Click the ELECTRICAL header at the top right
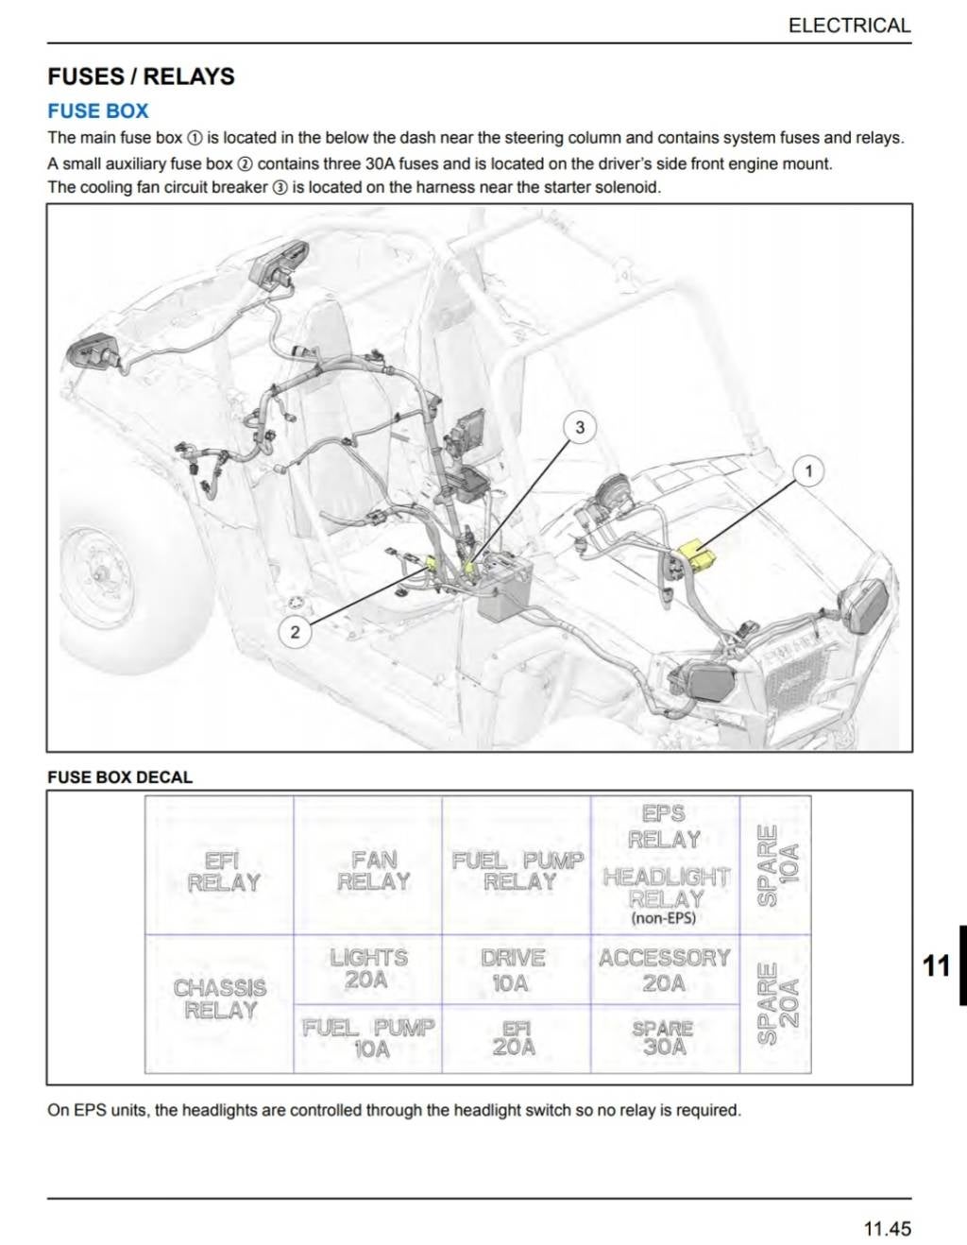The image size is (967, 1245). coord(849,26)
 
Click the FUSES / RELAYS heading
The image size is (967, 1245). coord(141,77)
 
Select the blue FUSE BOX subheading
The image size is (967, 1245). coord(98,111)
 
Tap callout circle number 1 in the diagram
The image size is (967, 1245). coord(807,470)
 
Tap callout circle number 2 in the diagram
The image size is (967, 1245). coord(295,632)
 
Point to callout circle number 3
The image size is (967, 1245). coord(580,428)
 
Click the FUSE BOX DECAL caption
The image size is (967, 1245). coord(120,777)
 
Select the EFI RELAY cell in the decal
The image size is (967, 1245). coord(223,871)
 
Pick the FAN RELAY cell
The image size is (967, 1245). coord(373,871)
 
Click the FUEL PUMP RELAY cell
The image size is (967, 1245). coord(517,871)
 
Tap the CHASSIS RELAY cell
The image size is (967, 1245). coord(220,999)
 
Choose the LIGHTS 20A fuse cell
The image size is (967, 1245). coord(368,968)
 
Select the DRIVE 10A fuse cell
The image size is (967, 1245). coord(513,970)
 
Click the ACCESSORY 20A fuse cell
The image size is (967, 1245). coord(664,970)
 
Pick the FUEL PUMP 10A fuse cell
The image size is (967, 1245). coord(368,1037)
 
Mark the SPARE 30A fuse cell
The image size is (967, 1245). coord(663,1037)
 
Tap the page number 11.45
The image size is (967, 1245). coord(887,1228)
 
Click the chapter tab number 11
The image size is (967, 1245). coord(936,965)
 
